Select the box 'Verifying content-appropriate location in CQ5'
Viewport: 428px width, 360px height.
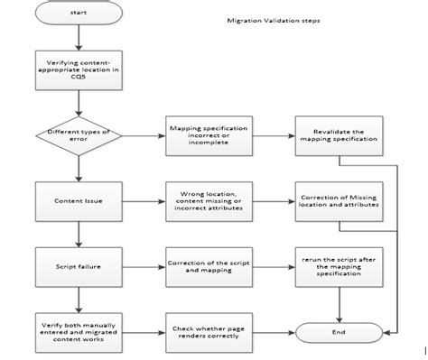point(79,71)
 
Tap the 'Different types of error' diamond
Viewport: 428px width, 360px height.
point(79,136)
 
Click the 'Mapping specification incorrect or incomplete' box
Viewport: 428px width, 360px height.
point(204,136)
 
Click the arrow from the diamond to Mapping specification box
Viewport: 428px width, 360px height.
point(144,136)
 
